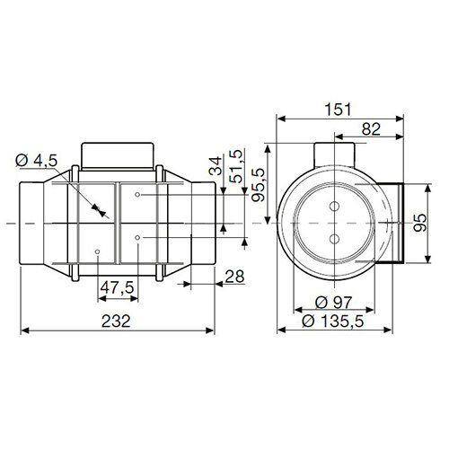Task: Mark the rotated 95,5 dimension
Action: click(x=260, y=185)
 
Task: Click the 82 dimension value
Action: click(x=367, y=129)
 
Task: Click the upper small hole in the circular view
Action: click(x=335, y=207)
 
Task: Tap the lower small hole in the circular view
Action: click(x=335, y=238)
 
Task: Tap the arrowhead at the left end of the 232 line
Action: click(x=22, y=331)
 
